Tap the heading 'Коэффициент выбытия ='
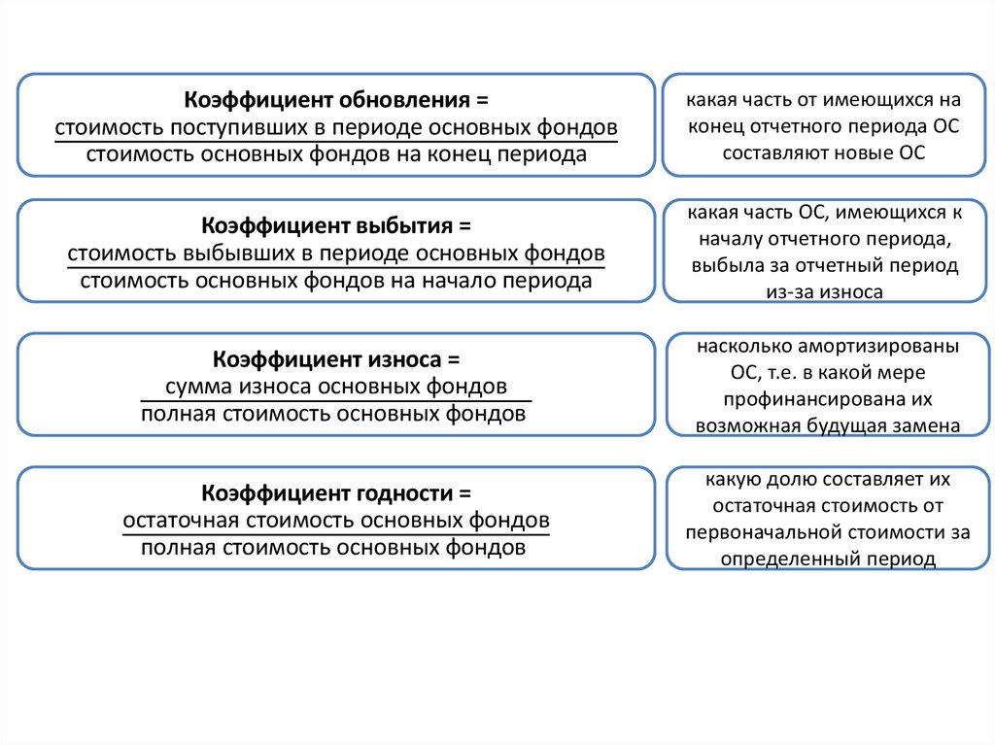pos(335,227)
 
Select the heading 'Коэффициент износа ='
pos(335,360)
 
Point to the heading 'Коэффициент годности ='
pos(335,492)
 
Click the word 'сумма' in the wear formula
pos(196,387)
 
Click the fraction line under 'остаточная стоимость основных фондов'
pos(335,534)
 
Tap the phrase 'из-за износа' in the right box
pos(823,290)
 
